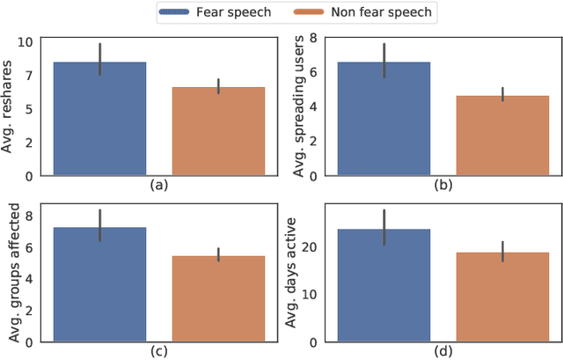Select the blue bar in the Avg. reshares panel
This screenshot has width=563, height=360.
click(100, 119)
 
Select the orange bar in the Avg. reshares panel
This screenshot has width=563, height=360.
click(218, 131)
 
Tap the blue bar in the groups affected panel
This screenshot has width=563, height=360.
click(100, 284)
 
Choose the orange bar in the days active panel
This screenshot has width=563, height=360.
click(501, 297)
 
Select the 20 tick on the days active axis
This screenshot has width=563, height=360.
click(310, 247)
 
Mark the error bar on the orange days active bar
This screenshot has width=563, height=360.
click(501, 251)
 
